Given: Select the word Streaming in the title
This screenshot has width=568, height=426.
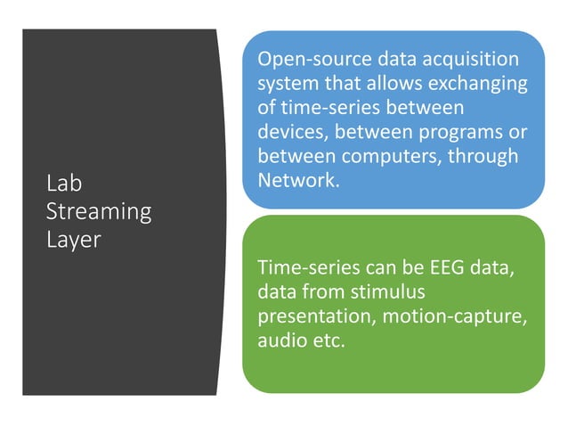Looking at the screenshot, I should point(98,212).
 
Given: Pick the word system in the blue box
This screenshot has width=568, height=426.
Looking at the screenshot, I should point(285,84).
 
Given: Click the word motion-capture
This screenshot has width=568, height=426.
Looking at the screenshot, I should point(463,315).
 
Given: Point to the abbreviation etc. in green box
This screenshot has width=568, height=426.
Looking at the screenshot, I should point(326,340).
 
